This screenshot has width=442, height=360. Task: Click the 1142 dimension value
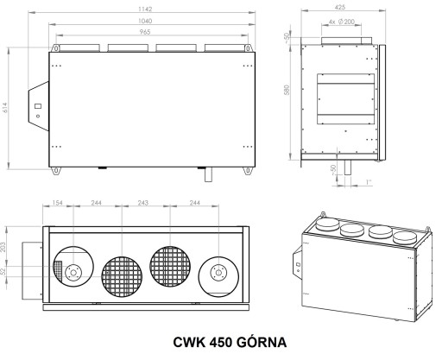(145, 9)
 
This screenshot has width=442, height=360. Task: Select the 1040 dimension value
(145, 21)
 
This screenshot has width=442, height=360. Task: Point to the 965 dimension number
(145, 32)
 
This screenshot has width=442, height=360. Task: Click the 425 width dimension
(340, 7)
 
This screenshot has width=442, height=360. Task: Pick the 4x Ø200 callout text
(341, 22)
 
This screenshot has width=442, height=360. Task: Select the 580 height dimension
(287, 90)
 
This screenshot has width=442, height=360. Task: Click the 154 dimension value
(57, 203)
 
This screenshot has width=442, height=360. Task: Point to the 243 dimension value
(143, 203)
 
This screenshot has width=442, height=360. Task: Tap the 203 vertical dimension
(3, 247)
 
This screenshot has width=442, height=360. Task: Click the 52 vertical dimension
(3, 271)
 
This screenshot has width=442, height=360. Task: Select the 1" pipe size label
(369, 182)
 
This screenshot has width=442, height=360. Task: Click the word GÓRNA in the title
(262, 343)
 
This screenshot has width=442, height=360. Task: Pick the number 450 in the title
(221, 343)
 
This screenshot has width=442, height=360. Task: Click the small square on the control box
(38, 106)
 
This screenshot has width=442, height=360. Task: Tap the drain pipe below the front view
(208, 174)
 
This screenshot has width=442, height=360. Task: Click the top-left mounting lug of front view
(55, 48)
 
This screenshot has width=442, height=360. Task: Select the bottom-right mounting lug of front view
(248, 171)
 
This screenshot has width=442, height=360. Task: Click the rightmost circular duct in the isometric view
(405, 238)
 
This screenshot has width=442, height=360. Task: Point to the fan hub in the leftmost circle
(73, 272)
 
